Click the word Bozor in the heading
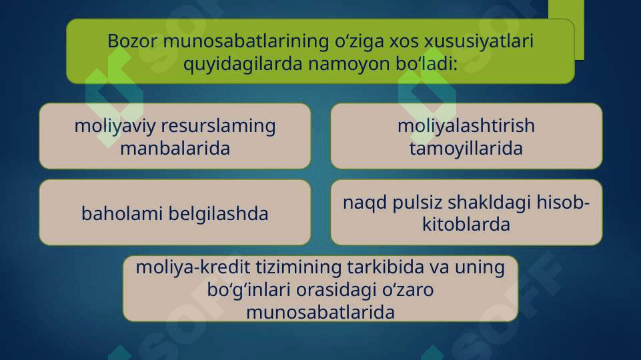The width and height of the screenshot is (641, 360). coord(132,41)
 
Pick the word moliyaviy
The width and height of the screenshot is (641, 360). coord(115,126)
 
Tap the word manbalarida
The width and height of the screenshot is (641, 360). coord(175,148)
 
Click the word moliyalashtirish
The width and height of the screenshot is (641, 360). coord(466,125)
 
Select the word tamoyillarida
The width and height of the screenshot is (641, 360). coord(466,149)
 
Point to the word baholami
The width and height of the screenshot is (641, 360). coord(122,214)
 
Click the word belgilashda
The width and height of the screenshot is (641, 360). coord(219,214)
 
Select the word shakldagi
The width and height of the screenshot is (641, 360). coord(490,203)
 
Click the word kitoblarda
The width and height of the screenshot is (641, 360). coord(466,225)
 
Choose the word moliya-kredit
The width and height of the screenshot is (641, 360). coord(193,267)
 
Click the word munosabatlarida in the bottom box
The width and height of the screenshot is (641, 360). coord(320,313)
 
